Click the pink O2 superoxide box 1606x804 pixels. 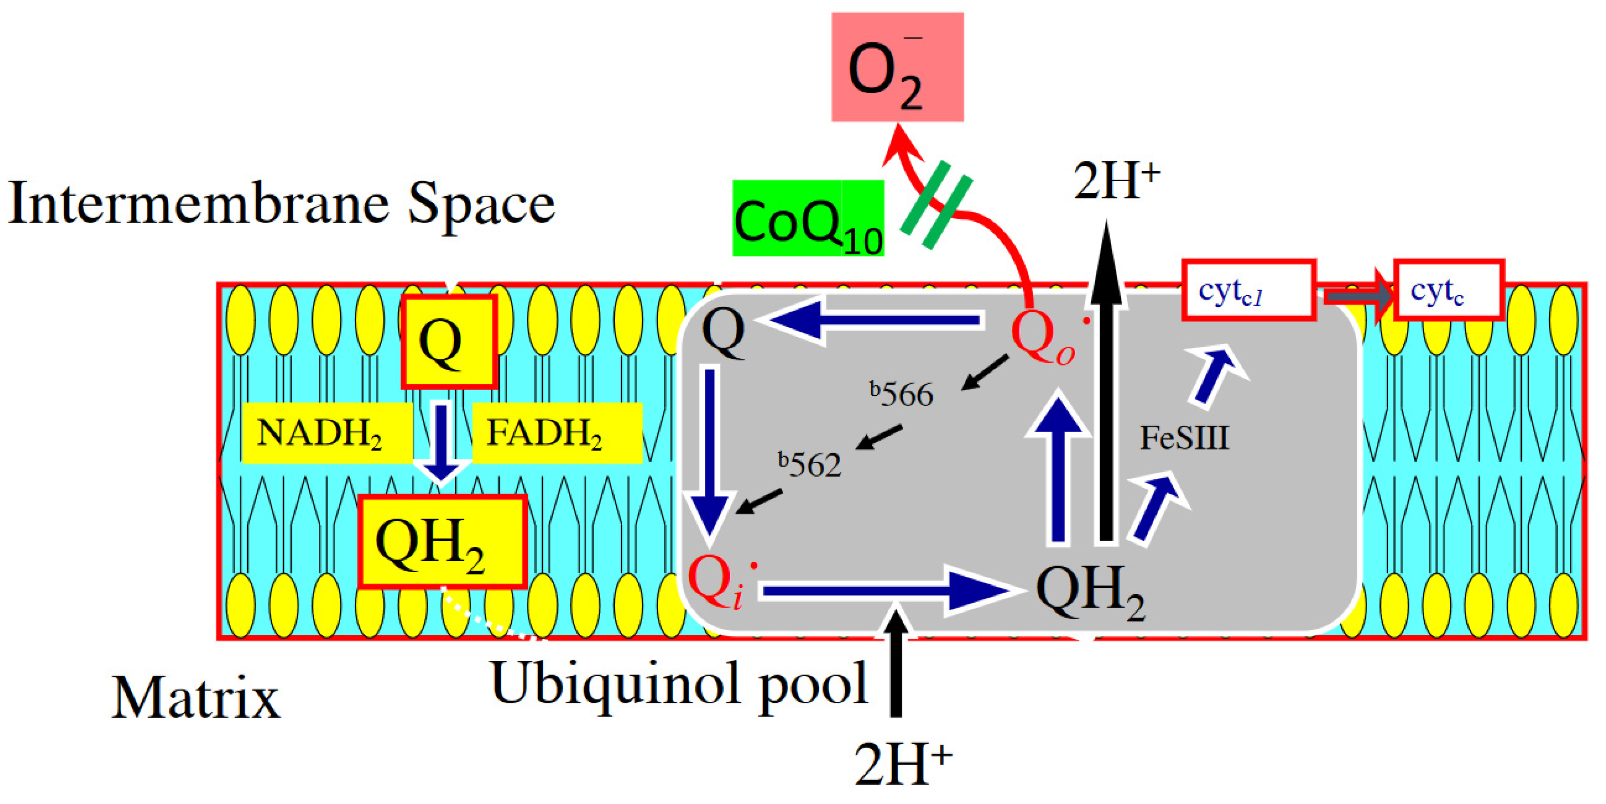pyautogui.click(x=897, y=67)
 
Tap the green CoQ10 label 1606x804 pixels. pyautogui.click(x=808, y=219)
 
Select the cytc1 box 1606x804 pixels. pyautogui.click(x=1248, y=290)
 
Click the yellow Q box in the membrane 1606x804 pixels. pyautogui.click(x=448, y=341)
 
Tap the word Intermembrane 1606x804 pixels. pyautogui.click(x=198, y=203)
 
